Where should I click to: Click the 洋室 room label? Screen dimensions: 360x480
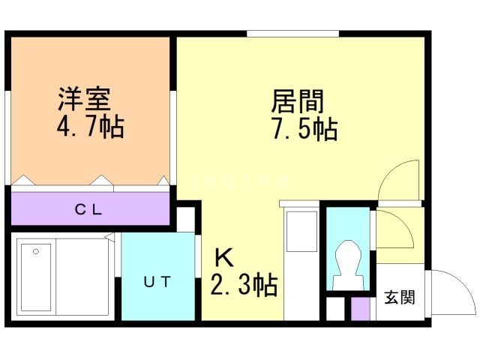pos(84,98)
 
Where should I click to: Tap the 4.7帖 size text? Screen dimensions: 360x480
pos(90,124)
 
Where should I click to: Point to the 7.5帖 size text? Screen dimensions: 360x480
pos(304,129)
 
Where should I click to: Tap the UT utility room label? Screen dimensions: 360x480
pos(158,282)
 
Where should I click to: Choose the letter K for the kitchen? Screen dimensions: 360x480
pos(224,258)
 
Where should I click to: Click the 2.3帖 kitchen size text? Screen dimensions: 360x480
pos(243,285)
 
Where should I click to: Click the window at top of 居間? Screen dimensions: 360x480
pos(292,33)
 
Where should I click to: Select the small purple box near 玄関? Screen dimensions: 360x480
pos(361,309)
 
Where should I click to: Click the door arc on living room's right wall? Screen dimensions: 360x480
pos(397,180)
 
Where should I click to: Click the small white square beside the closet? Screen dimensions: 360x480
pos(185,220)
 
